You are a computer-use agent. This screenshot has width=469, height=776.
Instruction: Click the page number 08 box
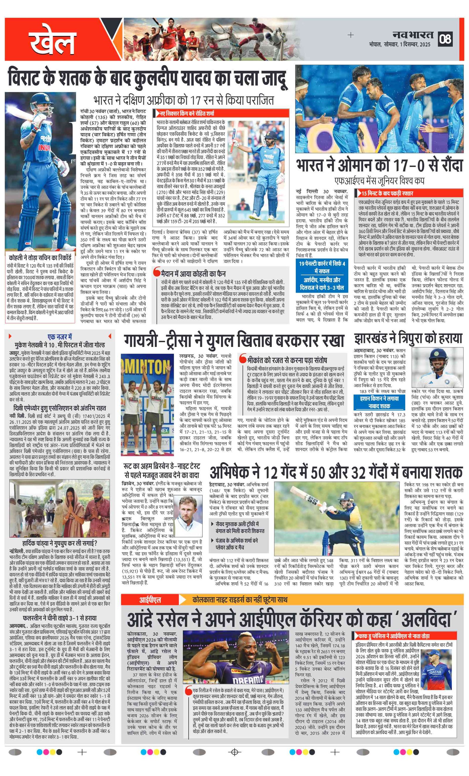pos(446,39)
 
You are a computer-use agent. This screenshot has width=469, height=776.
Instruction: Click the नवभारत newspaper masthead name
pos(413,35)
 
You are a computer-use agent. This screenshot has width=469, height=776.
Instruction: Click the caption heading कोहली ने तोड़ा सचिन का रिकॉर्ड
pos(40,257)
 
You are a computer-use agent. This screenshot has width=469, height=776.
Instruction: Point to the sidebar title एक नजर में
pos(60,337)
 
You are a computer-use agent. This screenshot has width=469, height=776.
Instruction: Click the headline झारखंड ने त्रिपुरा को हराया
pos(408,338)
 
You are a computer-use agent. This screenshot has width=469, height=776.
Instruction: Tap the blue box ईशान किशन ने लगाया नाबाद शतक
pos(379,402)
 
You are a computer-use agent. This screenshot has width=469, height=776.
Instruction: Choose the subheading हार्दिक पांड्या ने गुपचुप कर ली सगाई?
pos(60,543)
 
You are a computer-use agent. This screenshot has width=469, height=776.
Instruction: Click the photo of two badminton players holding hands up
pos(147,404)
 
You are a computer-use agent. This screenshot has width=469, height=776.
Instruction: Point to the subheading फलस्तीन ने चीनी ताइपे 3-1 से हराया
pos(60,618)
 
